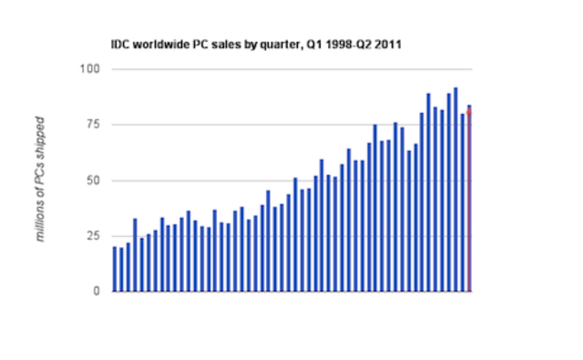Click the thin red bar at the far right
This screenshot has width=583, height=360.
(x=469, y=201)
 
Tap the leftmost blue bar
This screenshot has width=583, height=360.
(x=115, y=269)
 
